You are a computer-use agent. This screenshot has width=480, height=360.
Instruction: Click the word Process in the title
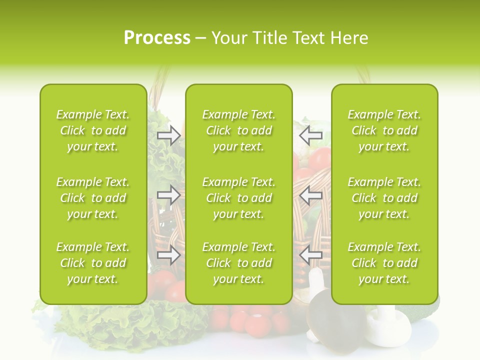[x=157, y=38]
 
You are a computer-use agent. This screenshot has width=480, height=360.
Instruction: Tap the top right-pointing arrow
[x=169, y=135]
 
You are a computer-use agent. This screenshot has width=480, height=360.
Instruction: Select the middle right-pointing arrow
[x=169, y=195]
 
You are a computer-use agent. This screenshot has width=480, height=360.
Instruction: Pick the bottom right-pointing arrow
[x=169, y=255]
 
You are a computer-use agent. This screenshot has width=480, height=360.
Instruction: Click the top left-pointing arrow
[x=310, y=135]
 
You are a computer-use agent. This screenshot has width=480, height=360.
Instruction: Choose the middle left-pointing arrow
[x=310, y=195]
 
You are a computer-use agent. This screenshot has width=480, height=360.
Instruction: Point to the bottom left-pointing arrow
[x=310, y=255]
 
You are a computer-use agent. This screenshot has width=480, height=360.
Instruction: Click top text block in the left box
[x=93, y=130]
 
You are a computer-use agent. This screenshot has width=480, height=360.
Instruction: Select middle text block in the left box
[x=93, y=198]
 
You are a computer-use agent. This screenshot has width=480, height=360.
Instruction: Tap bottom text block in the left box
[x=93, y=263]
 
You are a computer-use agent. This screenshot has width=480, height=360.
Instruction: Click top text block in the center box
[x=239, y=130]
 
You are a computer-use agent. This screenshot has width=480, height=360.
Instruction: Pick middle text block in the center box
[x=239, y=198]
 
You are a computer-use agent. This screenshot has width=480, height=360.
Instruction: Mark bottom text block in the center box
[x=239, y=263]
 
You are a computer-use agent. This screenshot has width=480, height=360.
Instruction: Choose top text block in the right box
[x=384, y=130]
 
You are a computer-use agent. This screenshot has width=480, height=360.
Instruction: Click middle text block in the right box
[x=384, y=198]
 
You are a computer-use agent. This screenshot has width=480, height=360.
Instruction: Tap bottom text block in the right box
[x=384, y=263]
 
